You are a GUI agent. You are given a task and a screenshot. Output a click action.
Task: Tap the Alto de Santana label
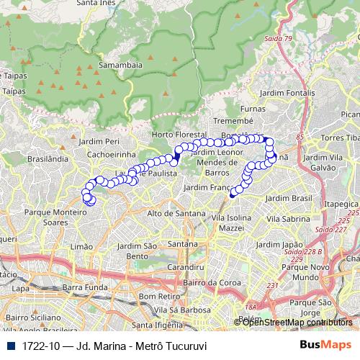click(171, 213)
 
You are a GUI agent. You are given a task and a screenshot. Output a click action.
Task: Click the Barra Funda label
click(84, 287)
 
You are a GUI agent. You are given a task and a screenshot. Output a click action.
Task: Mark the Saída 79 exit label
click(277, 37)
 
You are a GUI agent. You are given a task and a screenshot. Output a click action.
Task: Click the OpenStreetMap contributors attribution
click(297, 322)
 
